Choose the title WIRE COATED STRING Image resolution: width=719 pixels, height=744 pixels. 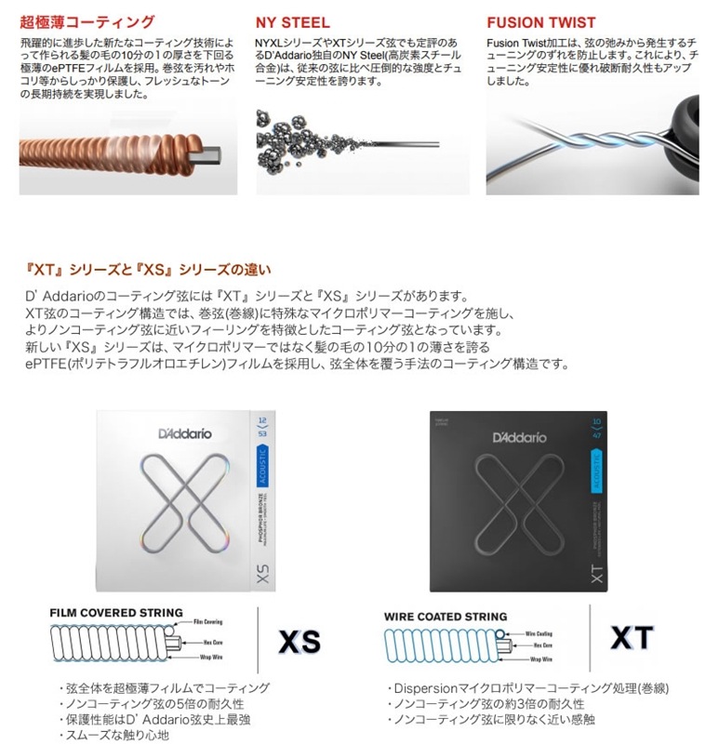(x=446, y=617)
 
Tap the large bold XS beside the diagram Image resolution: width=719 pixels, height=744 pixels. (x=300, y=641)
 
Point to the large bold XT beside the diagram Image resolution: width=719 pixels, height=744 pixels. (x=632, y=638)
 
